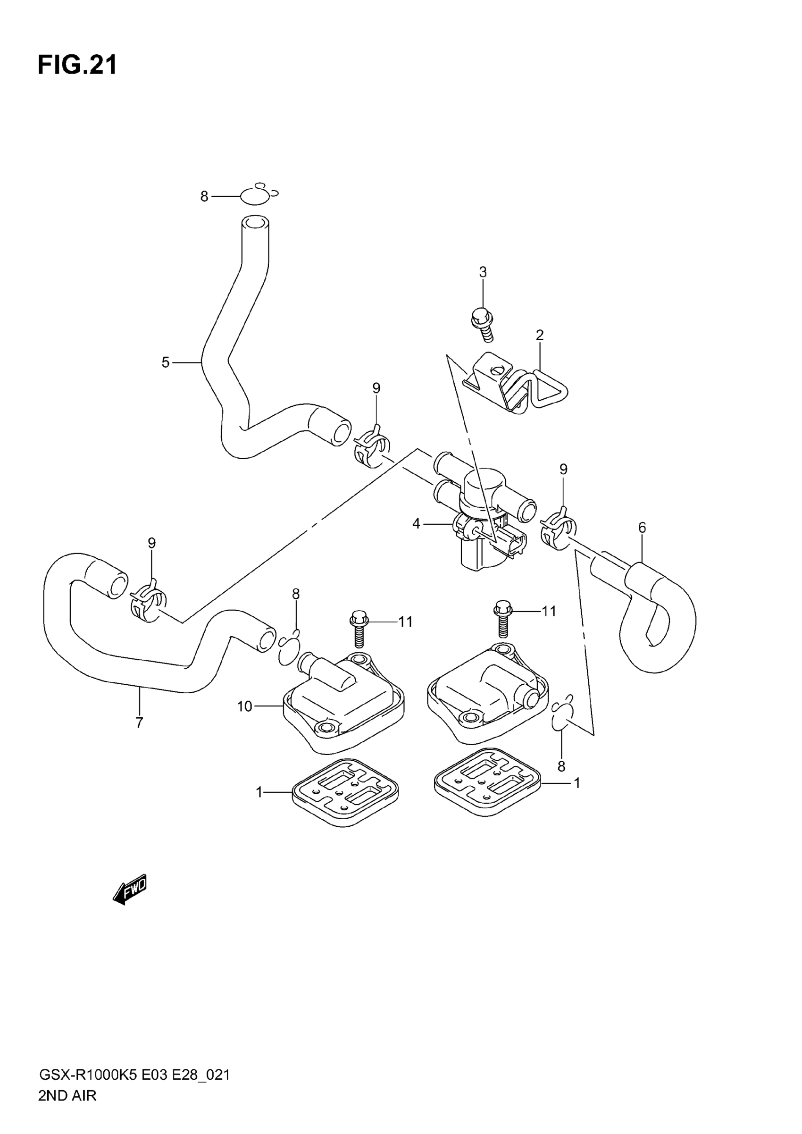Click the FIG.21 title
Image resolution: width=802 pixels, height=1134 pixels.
click(x=77, y=65)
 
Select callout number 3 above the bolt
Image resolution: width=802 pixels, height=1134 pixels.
click(x=483, y=272)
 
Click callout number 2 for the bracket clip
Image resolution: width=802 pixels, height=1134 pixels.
click(x=539, y=336)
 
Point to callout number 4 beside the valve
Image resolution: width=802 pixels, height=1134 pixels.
click(x=416, y=523)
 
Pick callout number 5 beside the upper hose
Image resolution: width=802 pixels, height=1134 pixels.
click(x=166, y=362)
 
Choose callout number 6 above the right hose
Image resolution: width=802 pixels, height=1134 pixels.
click(x=642, y=528)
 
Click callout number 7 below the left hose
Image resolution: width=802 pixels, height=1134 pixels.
click(x=139, y=723)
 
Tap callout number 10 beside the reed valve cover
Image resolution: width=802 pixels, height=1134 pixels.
click(x=245, y=707)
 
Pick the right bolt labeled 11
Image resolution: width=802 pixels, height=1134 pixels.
click(x=503, y=618)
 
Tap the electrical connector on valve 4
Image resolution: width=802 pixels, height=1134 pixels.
click(x=511, y=542)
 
